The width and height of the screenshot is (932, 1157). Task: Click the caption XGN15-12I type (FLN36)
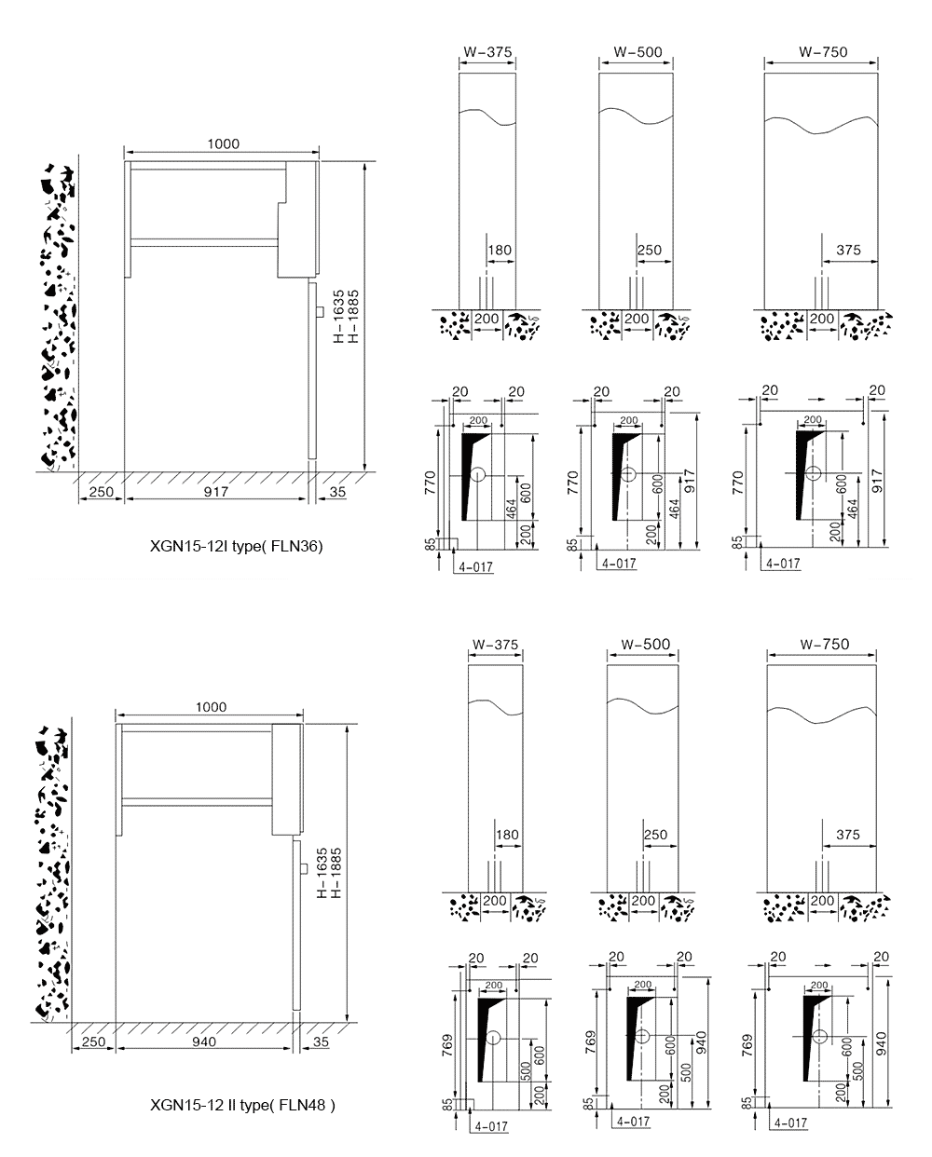[236, 547]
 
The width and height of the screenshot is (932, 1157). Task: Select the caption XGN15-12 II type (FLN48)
[242, 1105]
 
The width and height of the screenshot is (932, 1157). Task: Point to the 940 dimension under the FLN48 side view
[203, 1041]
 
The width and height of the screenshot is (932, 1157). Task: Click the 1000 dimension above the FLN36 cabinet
[224, 143]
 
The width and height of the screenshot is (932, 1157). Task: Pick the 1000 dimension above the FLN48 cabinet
[211, 707]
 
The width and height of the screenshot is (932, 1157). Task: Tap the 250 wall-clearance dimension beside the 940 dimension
[92, 1041]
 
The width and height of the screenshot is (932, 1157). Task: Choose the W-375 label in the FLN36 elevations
[487, 52]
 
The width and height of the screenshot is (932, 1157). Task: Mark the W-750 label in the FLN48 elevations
[824, 645]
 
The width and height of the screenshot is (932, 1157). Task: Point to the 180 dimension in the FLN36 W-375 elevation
[500, 250]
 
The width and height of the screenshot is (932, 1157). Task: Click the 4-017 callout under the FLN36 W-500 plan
[619, 564]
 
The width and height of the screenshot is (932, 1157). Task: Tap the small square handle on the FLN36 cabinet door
[319, 311]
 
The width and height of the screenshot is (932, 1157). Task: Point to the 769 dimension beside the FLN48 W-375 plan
[448, 1041]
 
